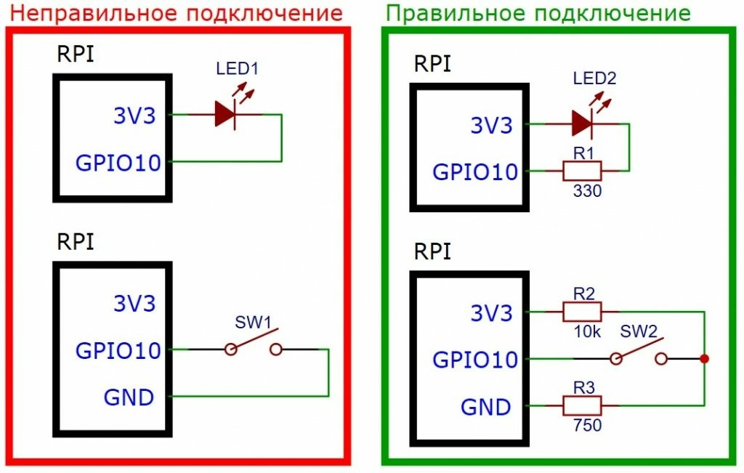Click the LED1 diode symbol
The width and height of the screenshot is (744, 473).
pyautogui.click(x=226, y=114)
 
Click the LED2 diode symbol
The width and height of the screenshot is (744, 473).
pyautogui.click(x=583, y=124)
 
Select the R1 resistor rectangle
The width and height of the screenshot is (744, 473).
pyautogui.click(x=582, y=171)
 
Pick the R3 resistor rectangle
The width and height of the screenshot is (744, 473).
pyautogui.click(x=582, y=405)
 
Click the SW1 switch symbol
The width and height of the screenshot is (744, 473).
pyautogui.click(x=253, y=346)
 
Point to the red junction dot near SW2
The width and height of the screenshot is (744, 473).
pyautogui.click(x=703, y=358)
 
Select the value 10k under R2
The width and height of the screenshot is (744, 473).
pyautogui.click(x=586, y=331)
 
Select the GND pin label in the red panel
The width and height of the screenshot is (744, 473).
pyautogui.click(x=129, y=397)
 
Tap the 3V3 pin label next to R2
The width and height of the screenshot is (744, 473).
pyautogui.click(x=491, y=313)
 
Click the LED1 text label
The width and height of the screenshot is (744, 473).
pyautogui.click(x=237, y=70)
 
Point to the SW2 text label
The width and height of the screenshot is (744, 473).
pyautogui.click(x=639, y=332)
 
